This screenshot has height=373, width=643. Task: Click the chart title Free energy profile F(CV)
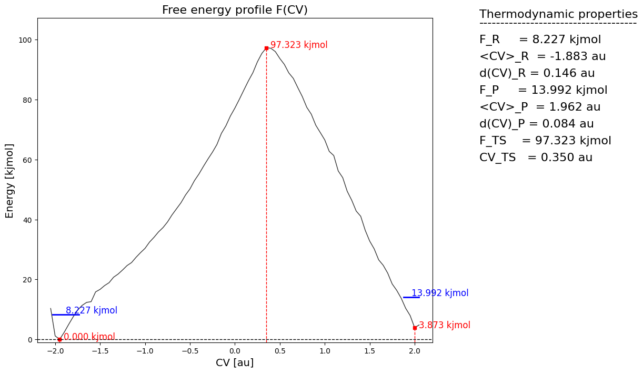(235, 10)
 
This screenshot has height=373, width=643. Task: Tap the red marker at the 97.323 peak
(266, 48)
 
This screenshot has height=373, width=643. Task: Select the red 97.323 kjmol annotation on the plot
(299, 45)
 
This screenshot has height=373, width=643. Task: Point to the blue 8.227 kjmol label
(92, 310)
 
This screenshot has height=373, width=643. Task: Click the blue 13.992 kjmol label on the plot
(440, 293)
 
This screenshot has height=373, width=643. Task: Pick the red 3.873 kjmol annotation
(445, 326)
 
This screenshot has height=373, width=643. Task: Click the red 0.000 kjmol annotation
(89, 337)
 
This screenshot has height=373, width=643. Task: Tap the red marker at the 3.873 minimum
(415, 328)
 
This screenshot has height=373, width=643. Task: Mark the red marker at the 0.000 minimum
(59, 339)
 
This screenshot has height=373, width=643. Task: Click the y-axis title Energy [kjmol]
(10, 180)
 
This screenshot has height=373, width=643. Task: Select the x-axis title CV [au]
(235, 362)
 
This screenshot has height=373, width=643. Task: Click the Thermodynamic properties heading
(558, 14)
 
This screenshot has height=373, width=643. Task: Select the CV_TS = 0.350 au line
(536, 158)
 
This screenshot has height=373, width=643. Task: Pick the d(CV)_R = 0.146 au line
(537, 73)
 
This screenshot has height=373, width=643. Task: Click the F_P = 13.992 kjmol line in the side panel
(543, 90)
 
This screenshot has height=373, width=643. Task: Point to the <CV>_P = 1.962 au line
(540, 107)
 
